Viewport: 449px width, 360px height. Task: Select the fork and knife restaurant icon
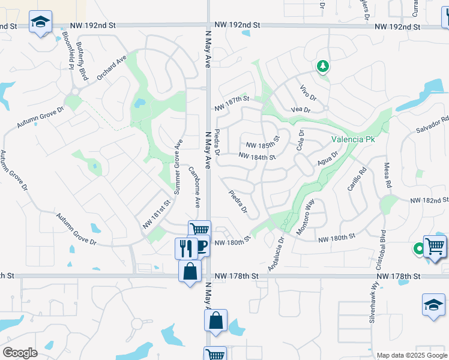pyautogui.click(x=186, y=247)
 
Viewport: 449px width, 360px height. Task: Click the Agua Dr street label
pyautogui.click(x=328, y=158)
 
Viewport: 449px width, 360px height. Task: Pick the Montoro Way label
pyautogui.click(x=306, y=216)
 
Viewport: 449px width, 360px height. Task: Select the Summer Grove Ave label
pyautogui.click(x=177, y=167)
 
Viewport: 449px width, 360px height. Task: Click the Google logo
pyautogui.click(x=20, y=353)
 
